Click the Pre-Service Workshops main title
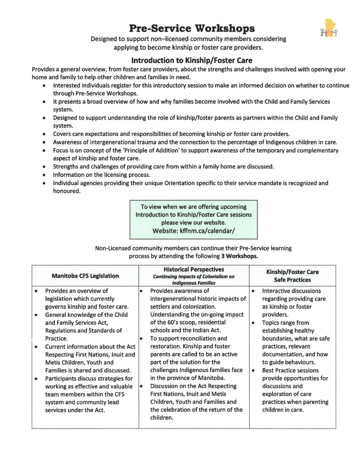pyautogui.click(x=192, y=28)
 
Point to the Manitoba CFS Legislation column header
pyautogui.click(x=85, y=276)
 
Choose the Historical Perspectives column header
pyautogui.click(x=194, y=270)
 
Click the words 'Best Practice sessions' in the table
pyautogui.click(x=290, y=370)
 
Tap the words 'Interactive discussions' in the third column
pyautogui.click(x=292, y=291)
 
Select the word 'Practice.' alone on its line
pyautogui.click(x=57, y=339)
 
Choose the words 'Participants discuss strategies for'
pyautogui.click(x=89, y=378)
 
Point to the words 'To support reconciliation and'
pyautogui.click(x=188, y=339)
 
